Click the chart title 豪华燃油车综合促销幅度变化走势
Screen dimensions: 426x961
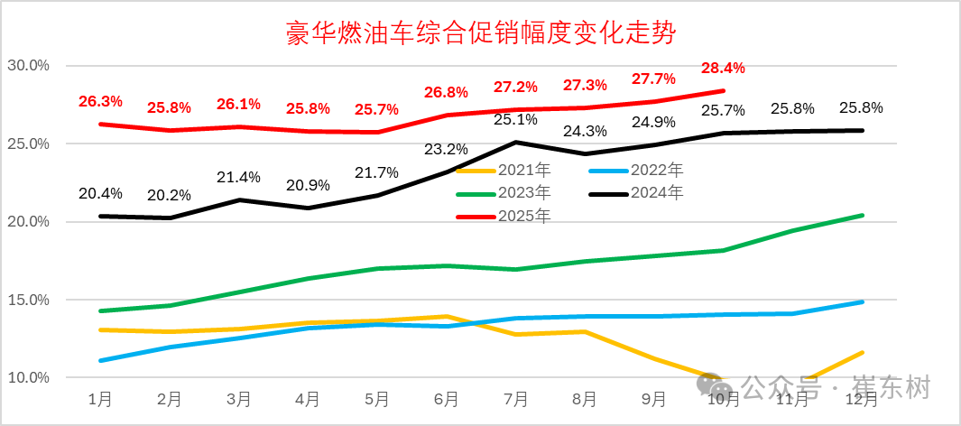coord(480,33)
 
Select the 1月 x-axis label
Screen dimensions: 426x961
coord(100,398)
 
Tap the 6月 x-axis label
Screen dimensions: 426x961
coord(446,398)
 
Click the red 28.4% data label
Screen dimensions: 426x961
coord(724,69)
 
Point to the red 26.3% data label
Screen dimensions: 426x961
coord(100,102)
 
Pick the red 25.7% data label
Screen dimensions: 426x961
coord(377,110)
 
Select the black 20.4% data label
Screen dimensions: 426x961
coord(100,193)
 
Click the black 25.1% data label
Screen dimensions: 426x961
coord(515,119)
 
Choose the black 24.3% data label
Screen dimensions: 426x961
coord(585,132)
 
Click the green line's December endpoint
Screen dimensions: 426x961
coord(862,215)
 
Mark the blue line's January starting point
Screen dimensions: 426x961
coord(100,360)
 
